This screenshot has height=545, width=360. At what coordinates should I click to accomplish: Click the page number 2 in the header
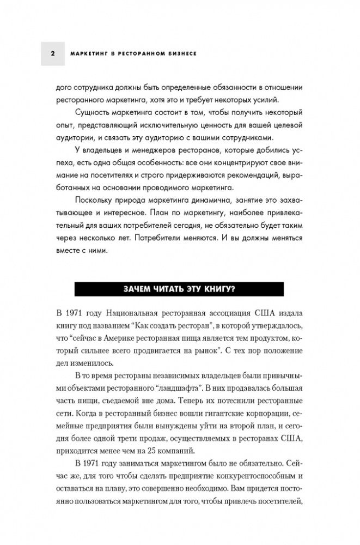click(52, 54)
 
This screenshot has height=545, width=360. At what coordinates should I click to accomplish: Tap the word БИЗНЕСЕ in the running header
click(180, 54)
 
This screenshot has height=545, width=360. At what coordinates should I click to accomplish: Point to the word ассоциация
click(255, 313)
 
